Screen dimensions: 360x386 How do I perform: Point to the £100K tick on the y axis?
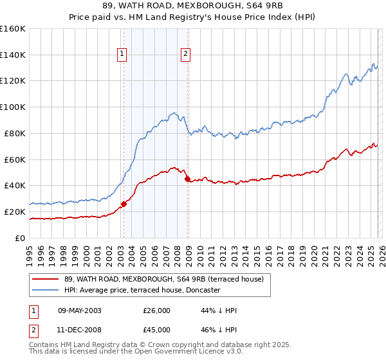(13, 107)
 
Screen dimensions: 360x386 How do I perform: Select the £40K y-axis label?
(15, 185)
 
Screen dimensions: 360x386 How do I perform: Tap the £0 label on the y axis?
(20, 238)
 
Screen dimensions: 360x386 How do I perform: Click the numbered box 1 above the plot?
(121, 55)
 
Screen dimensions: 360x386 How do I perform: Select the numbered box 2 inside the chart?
(185, 55)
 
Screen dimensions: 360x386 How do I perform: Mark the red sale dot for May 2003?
(124, 204)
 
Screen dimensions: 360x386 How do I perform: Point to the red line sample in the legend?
(46, 278)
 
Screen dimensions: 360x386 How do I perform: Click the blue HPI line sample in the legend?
(46, 290)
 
